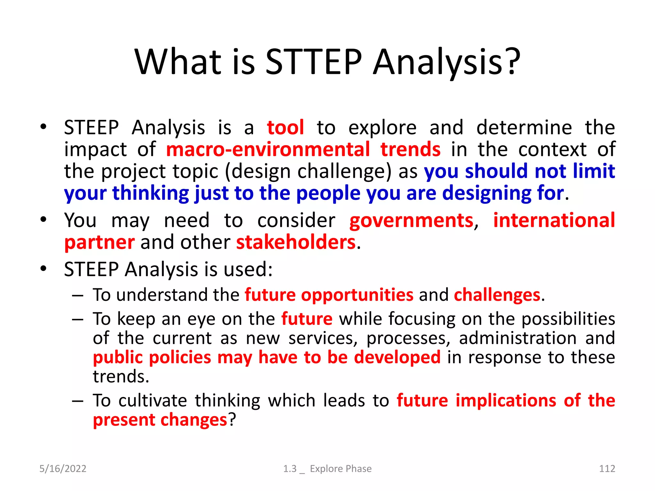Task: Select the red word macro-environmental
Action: click(x=268, y=149)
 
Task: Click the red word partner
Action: click(x=99, y=242)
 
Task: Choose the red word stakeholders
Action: click(x=296, y=242)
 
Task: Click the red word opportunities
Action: click(x=357, y=295)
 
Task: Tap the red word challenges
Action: click(x=497, y=295)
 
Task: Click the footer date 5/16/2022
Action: click(x=63, y=469)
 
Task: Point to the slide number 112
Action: click(x=607, y=469)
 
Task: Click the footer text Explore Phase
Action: click(x=341, y=469)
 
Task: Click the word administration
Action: click(x=518, y=338)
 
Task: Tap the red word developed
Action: click(x=397, y=357)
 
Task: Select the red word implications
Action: click(x=506, y=401)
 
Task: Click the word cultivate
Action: click(x=153, y=401)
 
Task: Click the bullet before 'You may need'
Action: click(x=43, y=220)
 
